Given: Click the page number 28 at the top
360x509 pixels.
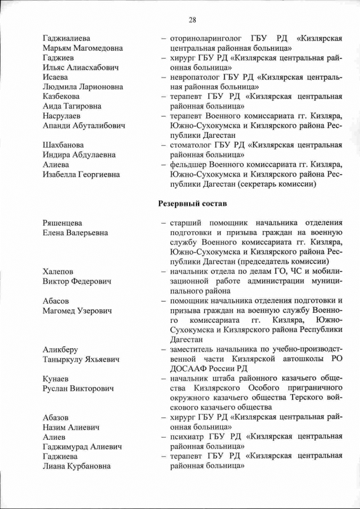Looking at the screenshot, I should (192, 20).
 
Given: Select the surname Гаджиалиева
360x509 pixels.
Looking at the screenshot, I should (66, 38).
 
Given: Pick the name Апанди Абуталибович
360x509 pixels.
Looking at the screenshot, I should (84, 125).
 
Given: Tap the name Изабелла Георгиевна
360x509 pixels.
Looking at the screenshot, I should (81, 174).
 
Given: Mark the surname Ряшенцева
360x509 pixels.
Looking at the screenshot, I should (63, 223).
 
